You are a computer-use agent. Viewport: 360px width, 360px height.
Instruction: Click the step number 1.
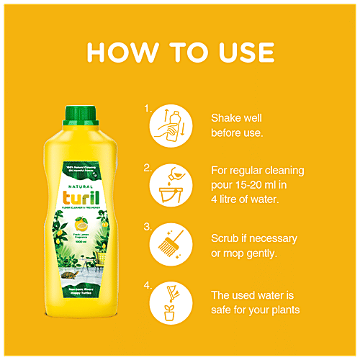click(147, 109)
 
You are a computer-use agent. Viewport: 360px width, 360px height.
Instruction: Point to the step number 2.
click(147, 168)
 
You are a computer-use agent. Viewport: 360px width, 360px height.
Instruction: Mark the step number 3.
click(147, 227)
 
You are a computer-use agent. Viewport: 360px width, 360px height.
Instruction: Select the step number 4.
click(147, 286)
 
